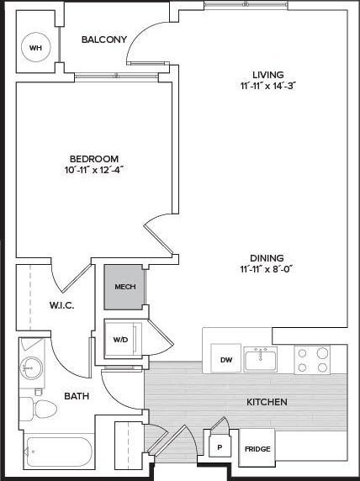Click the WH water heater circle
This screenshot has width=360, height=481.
pyautogui.click(x=35, y=47)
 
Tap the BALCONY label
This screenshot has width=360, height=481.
pyautogui.click(x=104, y=40)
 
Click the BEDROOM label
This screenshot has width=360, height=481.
pyautogui.click(x=93, y=158)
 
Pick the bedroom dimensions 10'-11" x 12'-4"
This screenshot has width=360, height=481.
pyautogui.click(x=93, y=170)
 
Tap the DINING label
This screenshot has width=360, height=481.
pyautogui.click(x=266, y=258)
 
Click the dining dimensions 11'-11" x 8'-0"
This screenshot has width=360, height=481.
pyautogui.click(x=266, y=270)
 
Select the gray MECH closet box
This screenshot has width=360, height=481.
pyautogui.click(x=124, y=287)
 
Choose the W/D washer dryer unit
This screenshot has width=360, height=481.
pyautogui.click(x=120, y=341)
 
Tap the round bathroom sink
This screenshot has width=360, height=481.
pyautogui.click(x=34, y=368)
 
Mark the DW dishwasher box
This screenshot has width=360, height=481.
pyautogui.click(x=225, y=360)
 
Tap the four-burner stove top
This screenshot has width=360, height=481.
pyautogui.click(x=311, y=360)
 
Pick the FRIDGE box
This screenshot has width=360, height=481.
pyautogui.click(x=257, y=447)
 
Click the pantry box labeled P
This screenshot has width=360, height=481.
pyautogui.click(x=220, y=447)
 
